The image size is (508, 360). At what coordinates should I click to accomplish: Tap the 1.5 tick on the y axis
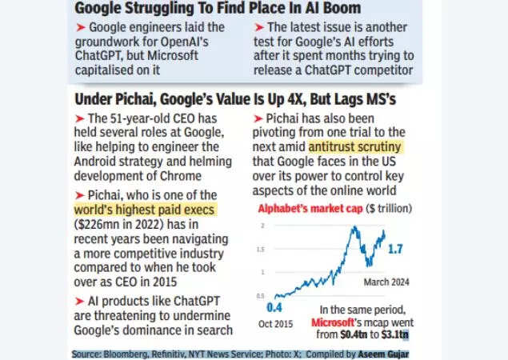coord(260,249)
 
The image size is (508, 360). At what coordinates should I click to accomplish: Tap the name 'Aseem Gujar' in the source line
coord(378,354)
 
